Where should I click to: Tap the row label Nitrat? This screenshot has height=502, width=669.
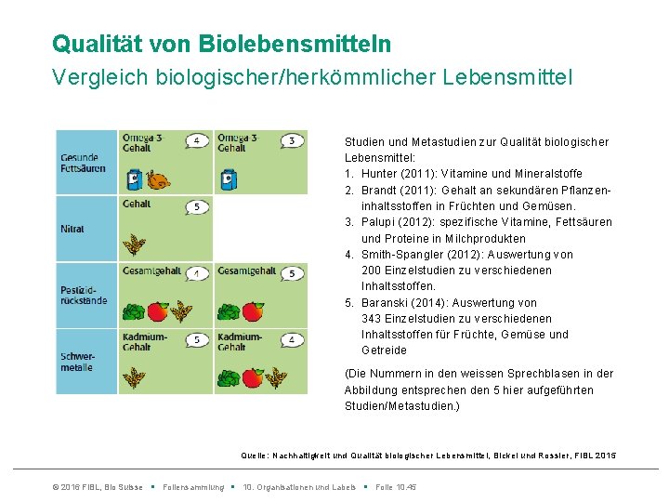(73, 229)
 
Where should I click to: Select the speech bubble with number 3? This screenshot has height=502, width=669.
(291, 141)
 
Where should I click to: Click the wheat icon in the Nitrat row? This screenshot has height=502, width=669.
(136, 245)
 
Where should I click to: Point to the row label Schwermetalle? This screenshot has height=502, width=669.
(76, 362)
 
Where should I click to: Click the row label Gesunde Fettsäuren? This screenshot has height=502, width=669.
(82, 163)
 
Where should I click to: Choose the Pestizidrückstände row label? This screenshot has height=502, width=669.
(83, 295)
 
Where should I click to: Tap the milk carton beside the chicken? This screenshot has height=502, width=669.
(135, 178)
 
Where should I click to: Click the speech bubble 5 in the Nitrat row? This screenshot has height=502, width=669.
(196, 207)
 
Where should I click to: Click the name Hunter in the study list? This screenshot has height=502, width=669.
(380, 174)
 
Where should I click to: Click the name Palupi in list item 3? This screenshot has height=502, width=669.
(379, 222)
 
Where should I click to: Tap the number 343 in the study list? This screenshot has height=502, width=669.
(372, 319)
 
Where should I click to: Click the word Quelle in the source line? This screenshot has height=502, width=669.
(254, 456)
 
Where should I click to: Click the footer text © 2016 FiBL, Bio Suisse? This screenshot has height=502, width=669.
(98, 487)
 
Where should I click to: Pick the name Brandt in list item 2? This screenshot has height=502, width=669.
(380, 190)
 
